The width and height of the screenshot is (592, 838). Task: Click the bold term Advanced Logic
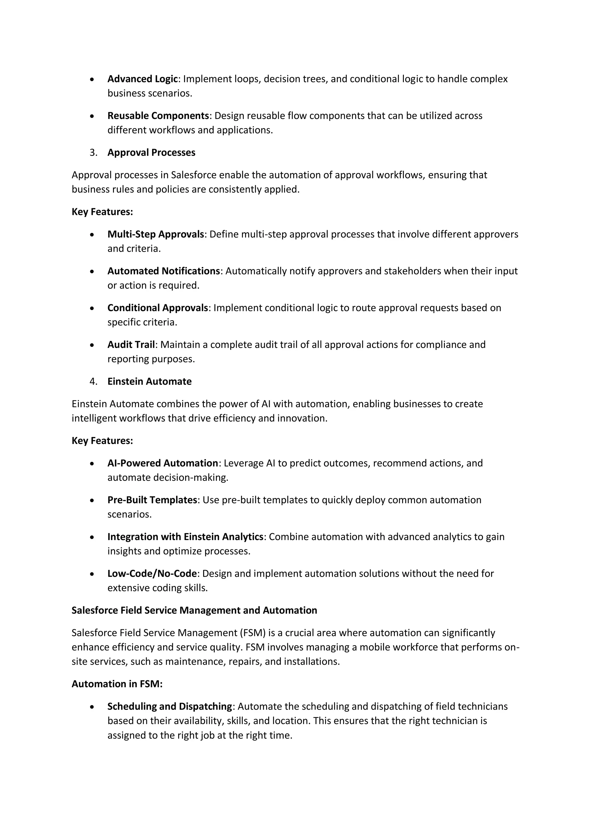pyautogui.click(x=142, y=79)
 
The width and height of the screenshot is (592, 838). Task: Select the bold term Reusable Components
pyautogui.click(x=158, y=116)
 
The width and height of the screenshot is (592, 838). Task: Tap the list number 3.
pyautogui.click(x=93, y=152)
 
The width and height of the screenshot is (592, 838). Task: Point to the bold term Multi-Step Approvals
pyautogui.click(x=156, y=234)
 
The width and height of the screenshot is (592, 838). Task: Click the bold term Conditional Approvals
pyautogui.click(x=158, y=308)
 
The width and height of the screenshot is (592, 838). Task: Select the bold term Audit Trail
pyautogui.click(x=131, y=345)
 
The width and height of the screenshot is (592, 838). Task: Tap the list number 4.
pyautogui.click(x=93, y=382)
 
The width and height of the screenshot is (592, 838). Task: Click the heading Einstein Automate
pyautogui.click(x=149, y=382)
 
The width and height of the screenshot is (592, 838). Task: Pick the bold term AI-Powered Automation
pyautogui.click(x=162, y=463)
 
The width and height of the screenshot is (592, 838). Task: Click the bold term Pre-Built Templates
pyautogui.click(x=152, y=500)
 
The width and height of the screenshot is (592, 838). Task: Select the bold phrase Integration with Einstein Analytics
pyautogui.click(x=185, y=537)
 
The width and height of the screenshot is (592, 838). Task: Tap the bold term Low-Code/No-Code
pyautogui.click(x=152, y=574)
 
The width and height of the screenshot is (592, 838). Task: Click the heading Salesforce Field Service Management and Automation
pyautogui.click(x=194, y=611)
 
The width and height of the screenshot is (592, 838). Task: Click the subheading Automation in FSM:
pyautogui.click(x=117, y=684)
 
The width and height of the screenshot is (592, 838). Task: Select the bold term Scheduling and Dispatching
pyautogui.click(x=170, y=707)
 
